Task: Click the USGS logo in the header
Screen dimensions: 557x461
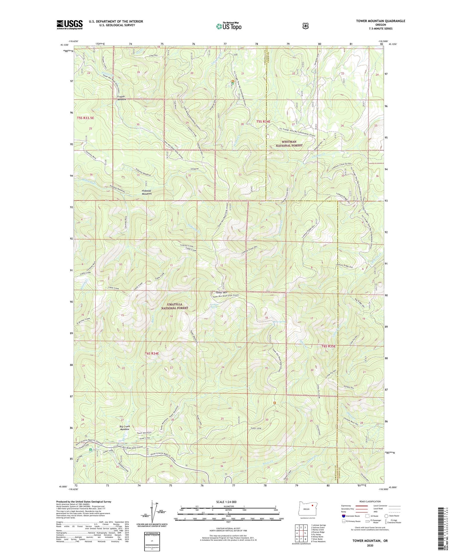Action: (x=69, y=25)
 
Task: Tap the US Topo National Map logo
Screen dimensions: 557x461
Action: (x=229, y=26)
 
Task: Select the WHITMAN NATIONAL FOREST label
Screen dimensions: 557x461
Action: (x=289, y=143)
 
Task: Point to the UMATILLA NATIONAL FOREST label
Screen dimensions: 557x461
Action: (x=175, y=306)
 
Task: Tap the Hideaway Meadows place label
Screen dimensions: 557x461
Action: (x=147, y=192)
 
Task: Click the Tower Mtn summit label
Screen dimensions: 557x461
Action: (x=222, y=292)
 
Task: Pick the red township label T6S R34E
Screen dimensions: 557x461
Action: (x=152, y=354)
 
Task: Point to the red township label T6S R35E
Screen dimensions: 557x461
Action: (x=330, y=346)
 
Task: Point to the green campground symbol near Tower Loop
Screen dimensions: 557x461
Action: (x=90, y=450)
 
